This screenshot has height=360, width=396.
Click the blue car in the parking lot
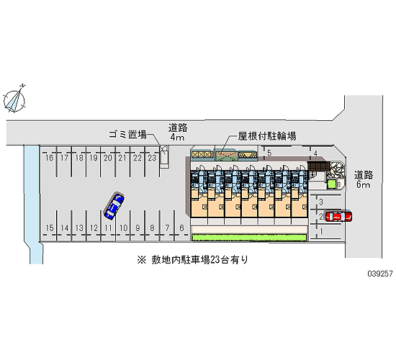114,205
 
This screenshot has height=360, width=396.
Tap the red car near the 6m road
338,216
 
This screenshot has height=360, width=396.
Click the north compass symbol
14,99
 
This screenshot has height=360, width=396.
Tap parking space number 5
269,153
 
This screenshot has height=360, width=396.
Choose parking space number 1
321,231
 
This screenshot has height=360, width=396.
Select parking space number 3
321,202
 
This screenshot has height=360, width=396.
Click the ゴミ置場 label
127,135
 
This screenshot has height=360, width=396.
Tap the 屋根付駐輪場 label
267,136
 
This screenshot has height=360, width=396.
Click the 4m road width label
178,138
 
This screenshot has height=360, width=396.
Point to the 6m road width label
363,184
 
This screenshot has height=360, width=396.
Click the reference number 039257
380,274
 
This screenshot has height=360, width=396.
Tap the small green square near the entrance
331,184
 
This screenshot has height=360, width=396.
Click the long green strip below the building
249,238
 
